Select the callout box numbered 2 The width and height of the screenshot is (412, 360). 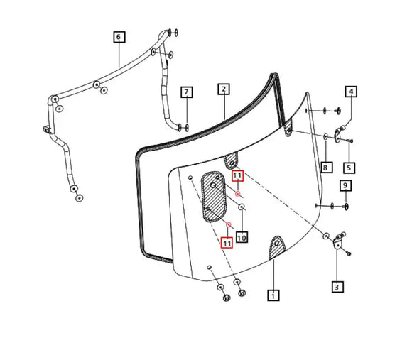[x=224, y=89]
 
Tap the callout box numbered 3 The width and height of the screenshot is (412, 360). [x=336, y=287]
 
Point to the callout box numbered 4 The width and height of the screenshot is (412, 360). [x=351, y=91]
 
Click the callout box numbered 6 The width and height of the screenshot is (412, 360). [x=118, y=37]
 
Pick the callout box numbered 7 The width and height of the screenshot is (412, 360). [x=186, y=92]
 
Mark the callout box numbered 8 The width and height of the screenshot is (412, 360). [x=325, y=168]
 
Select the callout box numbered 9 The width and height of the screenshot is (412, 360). [x=346, y=186]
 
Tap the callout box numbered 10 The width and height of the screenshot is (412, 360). [x=242, y=237]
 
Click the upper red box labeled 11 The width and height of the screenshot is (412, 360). [x=237, y=175]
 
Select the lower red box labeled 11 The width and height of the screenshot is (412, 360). [x=227, y=243]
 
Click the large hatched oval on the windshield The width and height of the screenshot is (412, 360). [x=214, y=196]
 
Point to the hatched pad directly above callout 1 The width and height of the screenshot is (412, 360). [x=276, y=248]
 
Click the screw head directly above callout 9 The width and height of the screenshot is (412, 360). [x=346, y=206]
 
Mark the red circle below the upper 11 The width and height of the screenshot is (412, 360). [x=238, y=193]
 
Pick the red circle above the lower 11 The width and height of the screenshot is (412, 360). [x=228, y=225]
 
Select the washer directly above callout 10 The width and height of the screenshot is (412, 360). [x=242, y=207]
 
